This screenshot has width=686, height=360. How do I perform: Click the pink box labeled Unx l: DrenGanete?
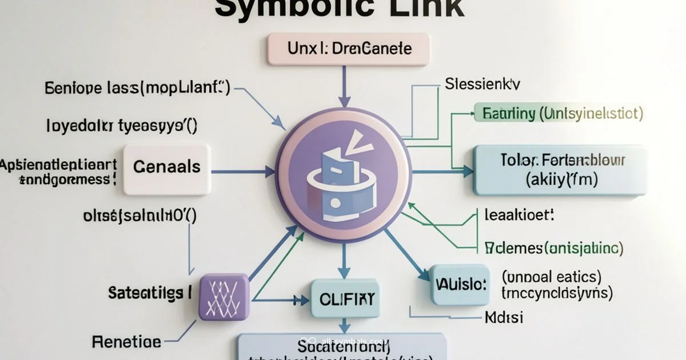(x=348, y=49)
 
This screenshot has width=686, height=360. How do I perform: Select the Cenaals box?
(x=166, y=167)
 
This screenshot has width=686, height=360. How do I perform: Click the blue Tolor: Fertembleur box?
(x=560, y=170)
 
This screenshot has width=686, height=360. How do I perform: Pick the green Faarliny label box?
(x=560, y=113)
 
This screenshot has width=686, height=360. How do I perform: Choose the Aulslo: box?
(x=460, y=284)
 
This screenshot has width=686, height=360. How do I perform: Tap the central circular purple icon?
(x=343, y=174)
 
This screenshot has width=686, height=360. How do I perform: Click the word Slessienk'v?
(x=482, y=85)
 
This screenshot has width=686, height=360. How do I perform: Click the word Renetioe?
(x=126, y=342)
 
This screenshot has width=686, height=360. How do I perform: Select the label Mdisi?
(x=504, y=317)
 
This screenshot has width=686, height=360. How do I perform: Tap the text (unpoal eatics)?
(x=551, y=277)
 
